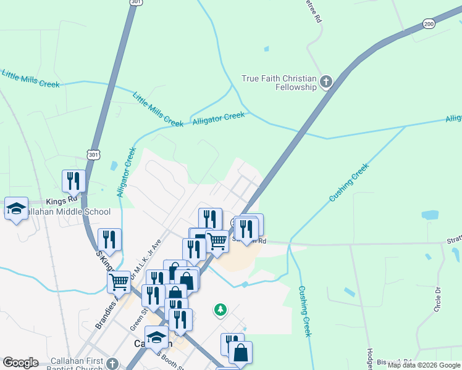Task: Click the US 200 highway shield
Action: point(429,23)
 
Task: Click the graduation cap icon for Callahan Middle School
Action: point(17,208)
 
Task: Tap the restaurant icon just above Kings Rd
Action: point(73,180)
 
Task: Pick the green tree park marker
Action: point(220,308)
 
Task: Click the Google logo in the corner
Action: point(20,363)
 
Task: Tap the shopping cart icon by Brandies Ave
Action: point(119,281)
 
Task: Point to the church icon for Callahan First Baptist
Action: point(112,363)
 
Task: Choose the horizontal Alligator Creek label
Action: point(219,118)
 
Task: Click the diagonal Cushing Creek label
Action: point(349,183)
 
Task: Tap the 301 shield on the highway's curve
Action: point(93,154)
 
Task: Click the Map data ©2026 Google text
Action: point(424,365)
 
